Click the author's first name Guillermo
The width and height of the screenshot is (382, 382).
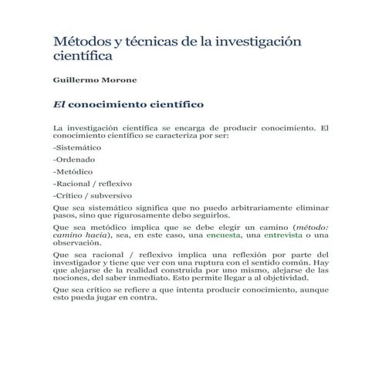[x=74, y=79]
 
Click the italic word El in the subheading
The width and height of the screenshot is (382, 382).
[x=59, y=103]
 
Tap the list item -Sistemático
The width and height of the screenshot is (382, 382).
[x=77, y=146]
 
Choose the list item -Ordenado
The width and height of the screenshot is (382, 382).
[x=73, y=159]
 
